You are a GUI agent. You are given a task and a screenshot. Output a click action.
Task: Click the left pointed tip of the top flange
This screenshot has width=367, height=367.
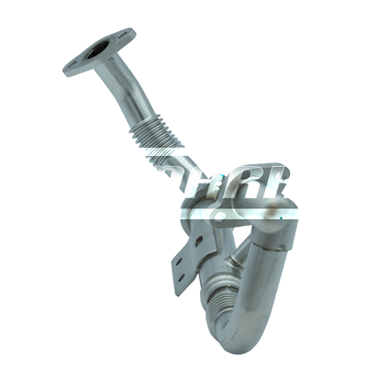point(66,71)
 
